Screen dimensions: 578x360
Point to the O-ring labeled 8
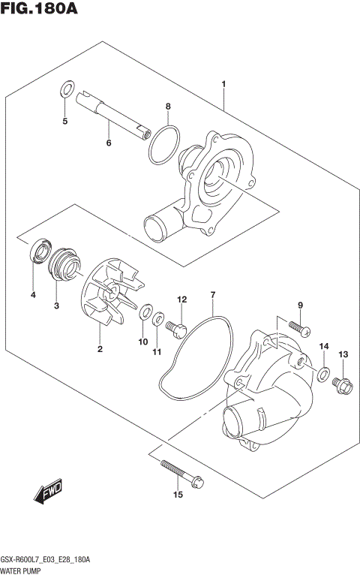165,145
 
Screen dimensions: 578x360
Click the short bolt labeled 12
178,327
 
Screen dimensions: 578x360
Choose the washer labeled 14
322,374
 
